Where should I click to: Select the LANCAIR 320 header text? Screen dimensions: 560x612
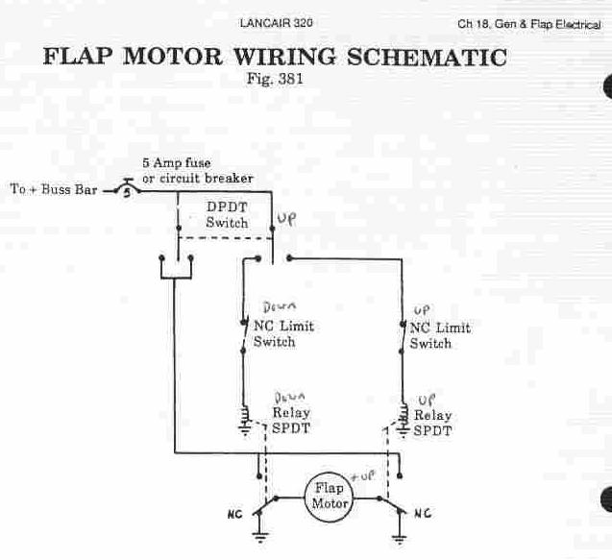tap(275, 22)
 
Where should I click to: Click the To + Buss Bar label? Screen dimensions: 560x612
tap(54, 189)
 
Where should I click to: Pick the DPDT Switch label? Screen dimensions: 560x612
tap(227, 215)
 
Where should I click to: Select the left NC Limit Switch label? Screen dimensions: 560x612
tap(282, 334)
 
